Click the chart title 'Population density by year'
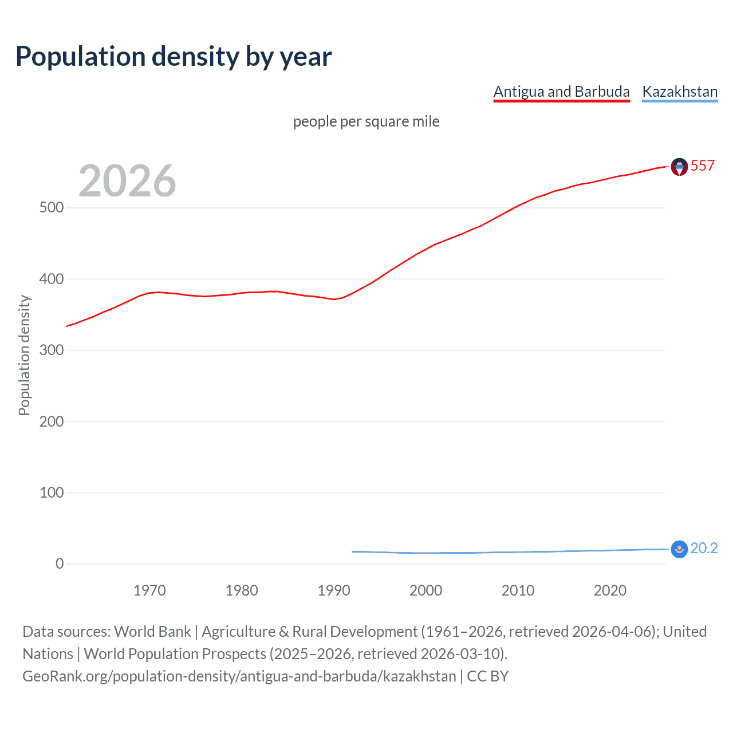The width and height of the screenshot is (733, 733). [x=174, y=57]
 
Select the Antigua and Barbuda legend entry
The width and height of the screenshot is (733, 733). [x=561, y=92]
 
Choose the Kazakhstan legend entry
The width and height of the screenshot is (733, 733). [x=680, y=92]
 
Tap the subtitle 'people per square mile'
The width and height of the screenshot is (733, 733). [x=366, y=121]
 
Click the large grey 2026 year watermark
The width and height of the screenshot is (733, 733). [x=127, y=181]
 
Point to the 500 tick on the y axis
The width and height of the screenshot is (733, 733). [x=52, y=208]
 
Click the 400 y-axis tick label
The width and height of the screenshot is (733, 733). [x=52, y=279]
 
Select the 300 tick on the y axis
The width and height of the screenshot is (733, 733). [x=52, y=350]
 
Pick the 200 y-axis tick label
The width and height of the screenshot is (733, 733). [x=52, y=421]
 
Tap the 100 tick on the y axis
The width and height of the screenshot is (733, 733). [x=52, y=492]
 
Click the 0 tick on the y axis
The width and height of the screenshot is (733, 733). [x=60, y=563]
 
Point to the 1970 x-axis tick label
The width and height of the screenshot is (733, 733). [x=149, y=590]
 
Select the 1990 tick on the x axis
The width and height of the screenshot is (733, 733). [x=334, y=590]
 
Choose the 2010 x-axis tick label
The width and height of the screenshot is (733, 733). [x=518, y=590]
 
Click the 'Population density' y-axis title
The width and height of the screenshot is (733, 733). [x=24, y=355]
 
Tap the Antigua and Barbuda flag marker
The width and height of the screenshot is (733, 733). [x=679, y=167]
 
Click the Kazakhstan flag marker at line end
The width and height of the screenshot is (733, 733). [x=679, y=549]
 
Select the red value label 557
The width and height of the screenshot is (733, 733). [x=703, y=165]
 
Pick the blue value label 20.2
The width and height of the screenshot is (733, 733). [x=704, y=548]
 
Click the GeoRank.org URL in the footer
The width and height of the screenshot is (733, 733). [x=239, y=676]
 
